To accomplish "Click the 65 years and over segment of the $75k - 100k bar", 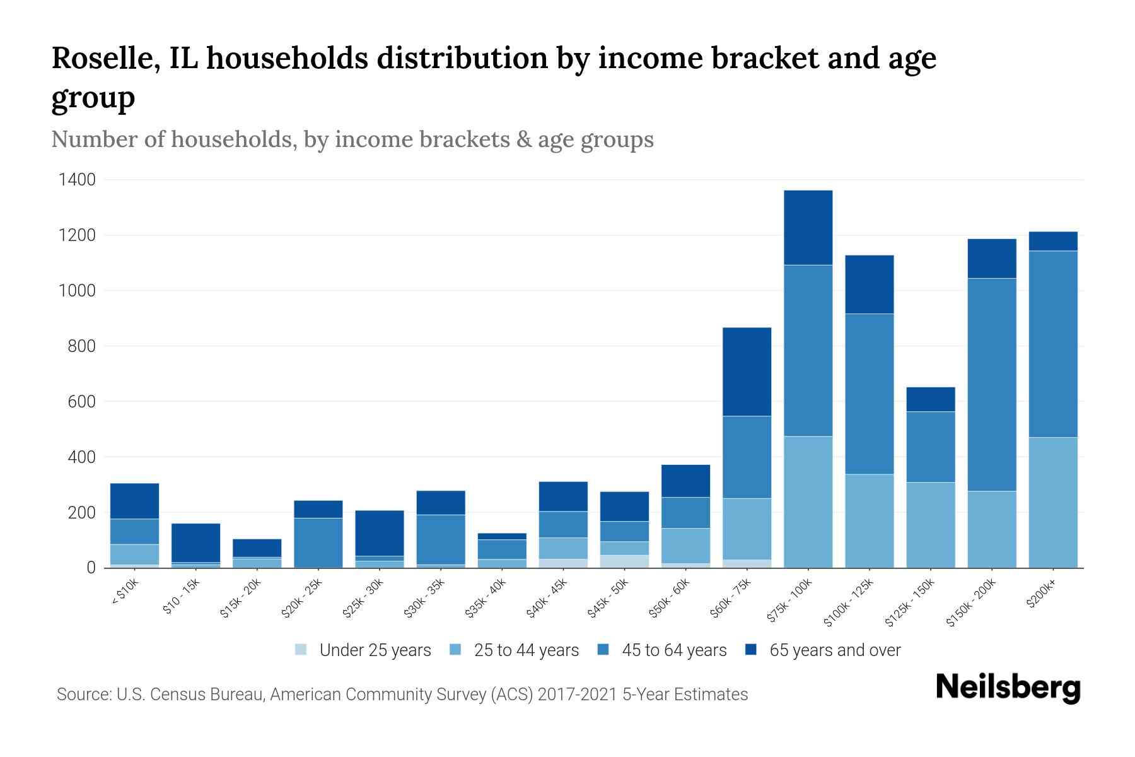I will [808, 227].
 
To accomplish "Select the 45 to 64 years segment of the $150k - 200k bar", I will [992, 385].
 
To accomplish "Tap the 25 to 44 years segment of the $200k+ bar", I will [1053, 502].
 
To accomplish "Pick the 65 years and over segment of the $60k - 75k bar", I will [747, 372].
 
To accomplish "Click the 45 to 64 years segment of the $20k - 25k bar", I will [318, 543].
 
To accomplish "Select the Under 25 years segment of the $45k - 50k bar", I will [624, 561].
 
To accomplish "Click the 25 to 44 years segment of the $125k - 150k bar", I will [931, 525].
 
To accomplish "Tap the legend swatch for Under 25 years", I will [301, 650].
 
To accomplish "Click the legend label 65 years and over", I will [835, 650].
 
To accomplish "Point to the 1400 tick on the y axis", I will [77, 180].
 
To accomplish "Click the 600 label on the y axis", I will [82, 402].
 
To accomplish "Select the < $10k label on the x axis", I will [125, 592].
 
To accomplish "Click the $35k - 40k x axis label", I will [486, 597].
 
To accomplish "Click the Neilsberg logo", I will [1008, 688].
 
